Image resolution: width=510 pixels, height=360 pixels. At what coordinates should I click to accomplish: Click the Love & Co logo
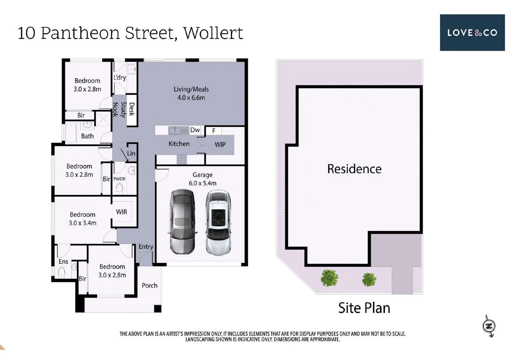[x=472, y=33]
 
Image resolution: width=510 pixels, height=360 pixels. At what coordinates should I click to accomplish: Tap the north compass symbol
[x=489, y=326]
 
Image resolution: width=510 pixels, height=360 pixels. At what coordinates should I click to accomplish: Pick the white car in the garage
[x=218, y=222]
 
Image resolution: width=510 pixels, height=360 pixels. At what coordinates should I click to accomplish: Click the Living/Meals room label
[x=191, y=93]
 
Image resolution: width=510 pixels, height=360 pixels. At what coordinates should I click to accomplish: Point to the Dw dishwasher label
[x=195, y=130]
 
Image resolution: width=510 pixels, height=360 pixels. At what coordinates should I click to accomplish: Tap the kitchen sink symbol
[x=178, y=130]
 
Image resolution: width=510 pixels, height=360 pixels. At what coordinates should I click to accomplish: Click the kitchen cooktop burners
[x=181, y=159]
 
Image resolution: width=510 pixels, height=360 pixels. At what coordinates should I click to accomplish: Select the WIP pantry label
[x=220, y=144]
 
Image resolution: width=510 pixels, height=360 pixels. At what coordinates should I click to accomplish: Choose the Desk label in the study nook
[x=132, y=109]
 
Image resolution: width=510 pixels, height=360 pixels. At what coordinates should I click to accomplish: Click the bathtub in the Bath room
[x=71, y=133]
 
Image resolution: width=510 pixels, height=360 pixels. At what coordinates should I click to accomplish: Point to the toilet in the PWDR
[x=119, y=189]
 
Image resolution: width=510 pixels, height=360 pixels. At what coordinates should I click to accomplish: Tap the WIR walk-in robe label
[x=121, y=212]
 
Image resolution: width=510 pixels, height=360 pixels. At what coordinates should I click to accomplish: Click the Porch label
[x=149, y=285]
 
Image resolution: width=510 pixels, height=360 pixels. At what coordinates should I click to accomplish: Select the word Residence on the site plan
[x=354, y=169]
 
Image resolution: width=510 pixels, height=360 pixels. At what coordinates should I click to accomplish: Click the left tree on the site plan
[x=330, y=278]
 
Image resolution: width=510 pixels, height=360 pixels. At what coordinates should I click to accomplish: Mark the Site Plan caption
[x=364, y=308]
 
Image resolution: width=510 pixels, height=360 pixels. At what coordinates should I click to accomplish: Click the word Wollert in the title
[x=213, y=33]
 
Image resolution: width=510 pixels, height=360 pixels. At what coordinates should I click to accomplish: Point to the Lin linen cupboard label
[x=131, y=153]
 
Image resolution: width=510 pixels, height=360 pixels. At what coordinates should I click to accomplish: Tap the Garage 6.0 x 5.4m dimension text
[x=202, y=183]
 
